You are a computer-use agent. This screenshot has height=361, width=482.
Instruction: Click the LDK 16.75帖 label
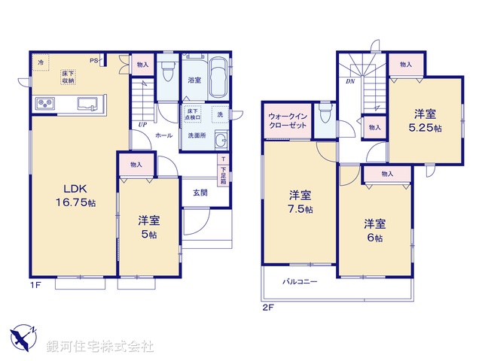click(73, 196)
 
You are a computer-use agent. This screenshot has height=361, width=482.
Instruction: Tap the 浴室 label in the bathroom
click(193, 80)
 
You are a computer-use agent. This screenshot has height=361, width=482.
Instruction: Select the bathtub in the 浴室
click(218, 77)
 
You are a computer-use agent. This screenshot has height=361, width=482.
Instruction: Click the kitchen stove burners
click(43, 105)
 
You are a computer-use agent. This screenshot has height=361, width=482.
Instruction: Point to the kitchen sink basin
click(87, 105)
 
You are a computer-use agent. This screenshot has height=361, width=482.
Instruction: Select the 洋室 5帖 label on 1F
click(148, 226)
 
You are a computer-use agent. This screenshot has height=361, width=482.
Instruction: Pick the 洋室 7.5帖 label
click(300, 202)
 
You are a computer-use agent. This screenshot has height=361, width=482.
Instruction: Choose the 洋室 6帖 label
click(374, 230)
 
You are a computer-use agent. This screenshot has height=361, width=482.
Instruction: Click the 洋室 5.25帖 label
click(426, 120)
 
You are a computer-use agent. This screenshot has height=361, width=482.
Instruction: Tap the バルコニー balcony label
click(300, 282)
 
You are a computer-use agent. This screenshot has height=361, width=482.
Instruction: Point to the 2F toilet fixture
click(325, 117)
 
